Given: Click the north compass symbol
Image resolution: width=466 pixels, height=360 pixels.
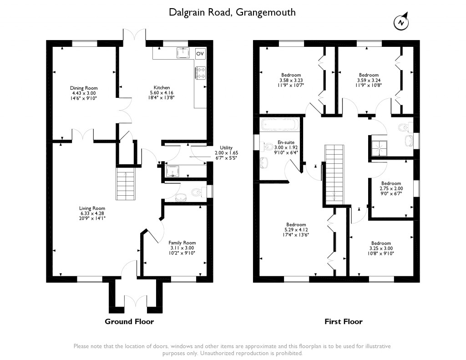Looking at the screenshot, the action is (x=401, y=22).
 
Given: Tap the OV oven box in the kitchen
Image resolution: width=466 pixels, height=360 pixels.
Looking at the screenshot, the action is (x=200, y=54).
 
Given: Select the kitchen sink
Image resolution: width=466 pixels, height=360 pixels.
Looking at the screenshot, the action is (x=183, y=53).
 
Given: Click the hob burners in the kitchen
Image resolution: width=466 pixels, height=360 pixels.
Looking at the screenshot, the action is (x=200, y=73).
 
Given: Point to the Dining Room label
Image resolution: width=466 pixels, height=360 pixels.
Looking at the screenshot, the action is (x=84, y=88).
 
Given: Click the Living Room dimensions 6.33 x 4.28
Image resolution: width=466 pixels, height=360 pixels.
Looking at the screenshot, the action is (x=92, y=213).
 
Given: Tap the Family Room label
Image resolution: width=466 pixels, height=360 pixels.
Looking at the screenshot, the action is (x=182, y=243).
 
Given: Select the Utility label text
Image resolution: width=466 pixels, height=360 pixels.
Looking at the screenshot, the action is (x=226, y=147).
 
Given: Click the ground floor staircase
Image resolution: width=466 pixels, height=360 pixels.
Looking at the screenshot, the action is (x=126, y=184).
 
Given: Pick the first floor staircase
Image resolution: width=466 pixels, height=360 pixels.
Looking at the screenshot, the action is (x=334, y=175).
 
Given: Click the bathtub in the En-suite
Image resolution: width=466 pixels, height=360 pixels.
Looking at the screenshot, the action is (x=279, y=125).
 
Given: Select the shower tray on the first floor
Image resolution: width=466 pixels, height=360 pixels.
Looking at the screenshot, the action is (x=380, y=148).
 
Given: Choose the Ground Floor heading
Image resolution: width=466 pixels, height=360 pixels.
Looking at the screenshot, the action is (x=129, y=321).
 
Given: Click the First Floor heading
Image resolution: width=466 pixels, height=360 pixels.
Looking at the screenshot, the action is (x=344, y=321).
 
